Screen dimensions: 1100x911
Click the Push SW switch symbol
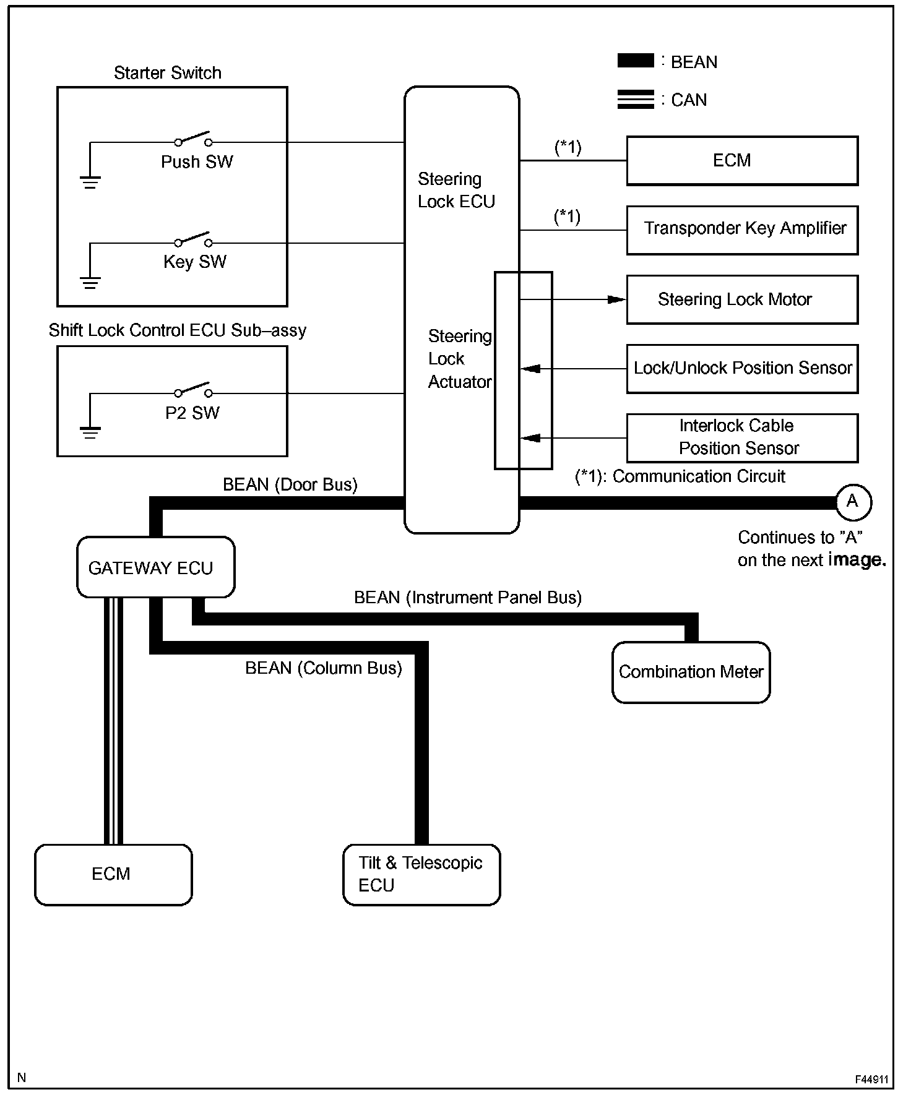(193, 139)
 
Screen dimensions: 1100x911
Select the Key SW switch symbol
(193, 239)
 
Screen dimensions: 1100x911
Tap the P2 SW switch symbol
(193, 390)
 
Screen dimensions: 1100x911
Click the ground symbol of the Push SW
(90, 181)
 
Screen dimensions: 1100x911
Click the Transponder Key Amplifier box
(742, 230)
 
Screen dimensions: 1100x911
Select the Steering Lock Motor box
(742, 300)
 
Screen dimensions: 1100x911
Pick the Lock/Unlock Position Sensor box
(742, 369)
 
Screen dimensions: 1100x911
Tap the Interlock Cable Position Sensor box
(742, 438)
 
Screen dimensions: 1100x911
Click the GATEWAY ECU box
(155, 567)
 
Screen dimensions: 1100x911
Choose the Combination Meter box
(691, 672)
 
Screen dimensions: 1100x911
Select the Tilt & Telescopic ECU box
(421, 874)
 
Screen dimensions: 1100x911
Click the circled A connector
(853, 502)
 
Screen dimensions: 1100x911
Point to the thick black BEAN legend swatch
(636, 61)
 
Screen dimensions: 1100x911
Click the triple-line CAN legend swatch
(636, 100)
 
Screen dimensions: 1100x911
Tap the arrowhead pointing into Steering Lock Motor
(616, 300)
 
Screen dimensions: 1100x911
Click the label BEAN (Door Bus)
(290, 484)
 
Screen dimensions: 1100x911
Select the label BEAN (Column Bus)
(323, 668)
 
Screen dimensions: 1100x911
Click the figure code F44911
(871, 1080)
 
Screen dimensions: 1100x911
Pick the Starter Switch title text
(167, 73)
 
